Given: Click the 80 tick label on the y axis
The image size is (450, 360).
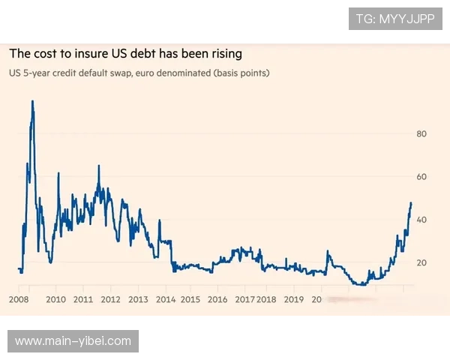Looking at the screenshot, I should (x=421, y=134).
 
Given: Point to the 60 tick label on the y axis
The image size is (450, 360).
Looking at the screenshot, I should (x=421, y=177).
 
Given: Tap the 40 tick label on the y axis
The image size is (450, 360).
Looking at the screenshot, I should (x=421, y=220).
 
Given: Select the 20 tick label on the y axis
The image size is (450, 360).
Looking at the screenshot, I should (x=421, y=262).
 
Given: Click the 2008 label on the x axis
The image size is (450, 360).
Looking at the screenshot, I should (x=19, y=299).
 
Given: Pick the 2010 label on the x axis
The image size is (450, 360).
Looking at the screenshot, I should (x=56, y=299).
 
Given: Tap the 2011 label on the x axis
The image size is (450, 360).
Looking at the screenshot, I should (x=83, y=299).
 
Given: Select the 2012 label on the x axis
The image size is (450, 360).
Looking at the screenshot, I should (x=110, y=299).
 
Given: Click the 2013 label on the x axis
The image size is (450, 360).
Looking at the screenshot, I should (x=138, y=299).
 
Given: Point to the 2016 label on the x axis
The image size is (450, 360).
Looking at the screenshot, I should (x=217, y=299).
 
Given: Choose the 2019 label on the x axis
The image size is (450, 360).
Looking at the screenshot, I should (x=294, y=299).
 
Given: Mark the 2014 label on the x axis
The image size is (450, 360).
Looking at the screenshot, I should (x=166, y=299).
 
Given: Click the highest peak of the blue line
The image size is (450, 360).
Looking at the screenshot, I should (x=32, y=101).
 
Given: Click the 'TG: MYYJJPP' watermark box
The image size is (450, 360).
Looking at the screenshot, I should (x=395, y=19).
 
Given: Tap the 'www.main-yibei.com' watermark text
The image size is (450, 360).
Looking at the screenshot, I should (x=73, y=341).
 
